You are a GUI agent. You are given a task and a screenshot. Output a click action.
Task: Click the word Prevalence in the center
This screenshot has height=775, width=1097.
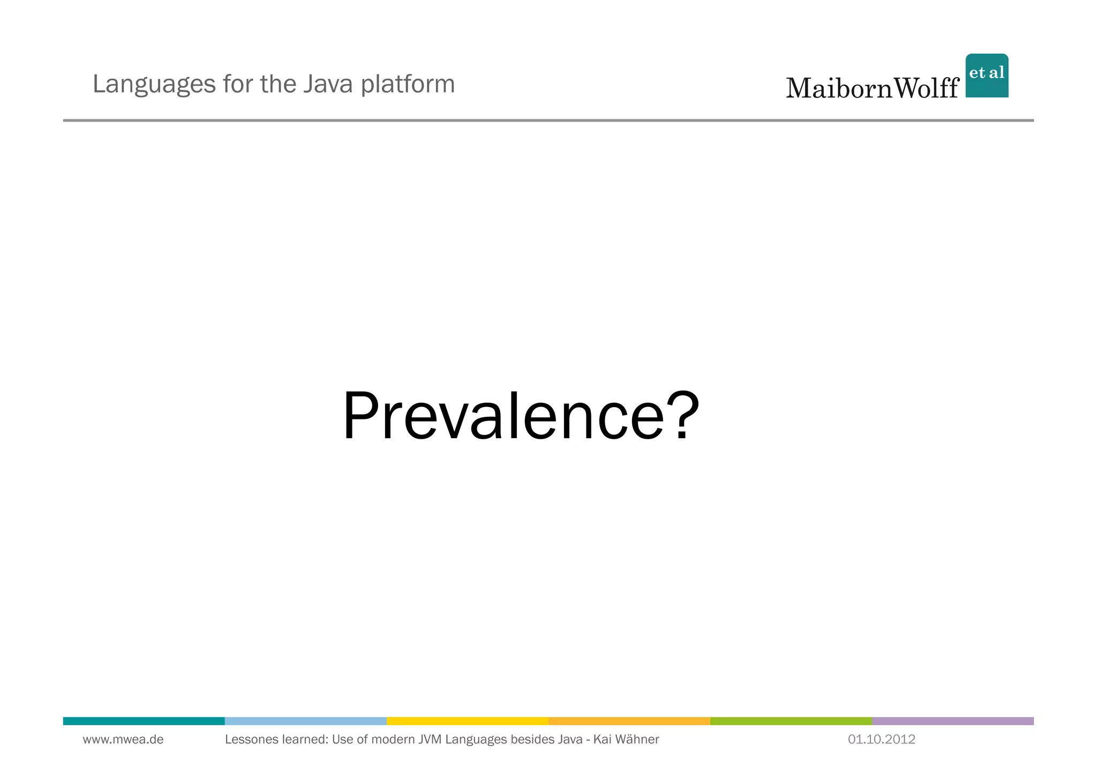(503, 417)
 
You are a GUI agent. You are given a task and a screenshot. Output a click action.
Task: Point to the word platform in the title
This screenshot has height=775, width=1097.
(408, 85)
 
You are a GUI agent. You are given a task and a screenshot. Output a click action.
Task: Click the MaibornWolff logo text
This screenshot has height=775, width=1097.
(872, 88)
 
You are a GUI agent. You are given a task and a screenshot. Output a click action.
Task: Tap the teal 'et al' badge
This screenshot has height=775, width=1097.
(987, 75)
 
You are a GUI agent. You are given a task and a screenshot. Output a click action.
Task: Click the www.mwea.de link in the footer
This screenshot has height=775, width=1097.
(123, 740)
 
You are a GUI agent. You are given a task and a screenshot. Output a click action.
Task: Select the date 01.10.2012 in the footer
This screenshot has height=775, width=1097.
(881, 740)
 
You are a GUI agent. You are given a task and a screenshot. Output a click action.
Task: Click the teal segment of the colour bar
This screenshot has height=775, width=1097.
(144, 721)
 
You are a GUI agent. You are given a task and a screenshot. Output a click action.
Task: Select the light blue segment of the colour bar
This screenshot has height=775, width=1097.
(305, 721)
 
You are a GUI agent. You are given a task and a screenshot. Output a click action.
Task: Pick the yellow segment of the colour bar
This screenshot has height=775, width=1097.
(467, 721)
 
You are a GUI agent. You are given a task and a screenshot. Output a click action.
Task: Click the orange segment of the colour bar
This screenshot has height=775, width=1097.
(629, 721)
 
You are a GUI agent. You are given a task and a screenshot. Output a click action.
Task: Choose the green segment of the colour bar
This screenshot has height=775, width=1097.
(791, 721)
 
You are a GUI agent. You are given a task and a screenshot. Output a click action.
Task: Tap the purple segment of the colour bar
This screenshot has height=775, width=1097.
(952, 721)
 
